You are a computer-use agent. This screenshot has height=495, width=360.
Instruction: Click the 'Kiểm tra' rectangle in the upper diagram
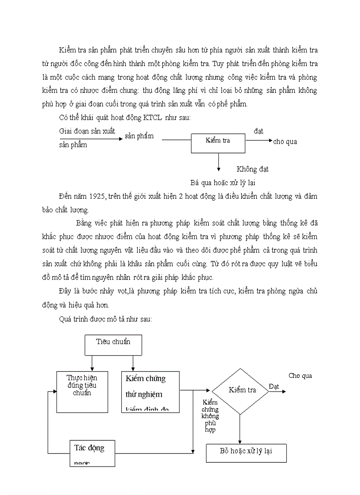(x=218, y=143)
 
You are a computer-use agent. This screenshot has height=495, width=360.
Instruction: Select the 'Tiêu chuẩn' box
(x=113, y=345)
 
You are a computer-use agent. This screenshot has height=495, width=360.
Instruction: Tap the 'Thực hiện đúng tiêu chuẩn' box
(x=82, y=391)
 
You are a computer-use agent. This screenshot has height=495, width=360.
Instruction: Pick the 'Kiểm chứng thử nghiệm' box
(x=150, y=391)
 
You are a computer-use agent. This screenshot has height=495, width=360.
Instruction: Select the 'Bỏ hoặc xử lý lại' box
(x=246, y=453)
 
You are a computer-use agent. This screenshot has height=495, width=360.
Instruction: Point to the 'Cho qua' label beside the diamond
(x=300, y=376)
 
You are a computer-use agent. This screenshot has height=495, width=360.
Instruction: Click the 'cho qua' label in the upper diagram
(x=285, y=141)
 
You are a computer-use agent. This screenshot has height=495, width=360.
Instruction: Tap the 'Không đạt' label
(x=252, y=169)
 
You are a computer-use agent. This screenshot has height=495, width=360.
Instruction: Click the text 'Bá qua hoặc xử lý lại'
(x=223, y=182)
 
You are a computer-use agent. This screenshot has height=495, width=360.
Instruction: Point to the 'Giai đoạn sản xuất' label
(x=87, y=131)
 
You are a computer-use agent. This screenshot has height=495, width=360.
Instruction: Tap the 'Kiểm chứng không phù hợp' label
(x=210, y=416)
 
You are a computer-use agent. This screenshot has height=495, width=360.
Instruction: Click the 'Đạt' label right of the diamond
(x=274, y=386)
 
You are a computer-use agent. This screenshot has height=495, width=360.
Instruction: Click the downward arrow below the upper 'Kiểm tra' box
(x=218, y=162)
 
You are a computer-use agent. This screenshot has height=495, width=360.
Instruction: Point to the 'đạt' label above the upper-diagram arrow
(x=259, y=131)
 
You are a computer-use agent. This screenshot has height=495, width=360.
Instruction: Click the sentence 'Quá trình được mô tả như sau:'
(x=105, y=319)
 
